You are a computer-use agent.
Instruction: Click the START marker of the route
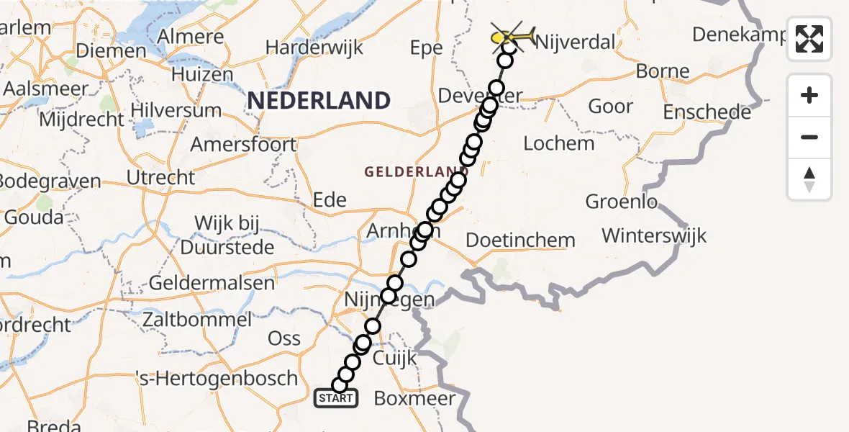(x=335, y=398)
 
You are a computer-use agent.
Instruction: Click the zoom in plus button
(x=809, y=95)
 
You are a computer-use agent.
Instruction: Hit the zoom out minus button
(x=809, y=137)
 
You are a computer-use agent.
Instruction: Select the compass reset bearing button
(x=809, y=179)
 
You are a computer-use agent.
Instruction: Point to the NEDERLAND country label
(x=319, y=100)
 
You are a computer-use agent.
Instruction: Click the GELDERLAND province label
(x=408, y=171)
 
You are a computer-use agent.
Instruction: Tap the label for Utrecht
(x=160, y=177)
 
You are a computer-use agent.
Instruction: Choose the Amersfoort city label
(x=243, y=145)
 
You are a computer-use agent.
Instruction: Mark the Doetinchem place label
(x=521, y=240)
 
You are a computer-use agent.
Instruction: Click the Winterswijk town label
(x=654, y=235)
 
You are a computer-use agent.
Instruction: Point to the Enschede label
(x=707, y=112)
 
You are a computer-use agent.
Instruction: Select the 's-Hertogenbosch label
(x=217, y=378)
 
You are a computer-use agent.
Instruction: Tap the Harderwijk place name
(x=314, y=48)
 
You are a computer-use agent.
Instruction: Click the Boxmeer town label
(x=415, y=398)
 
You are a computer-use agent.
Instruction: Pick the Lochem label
(x=559, y=143)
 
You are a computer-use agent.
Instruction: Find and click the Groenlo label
(x=622, y=202)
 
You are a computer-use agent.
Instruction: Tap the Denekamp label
(x=737, y=35)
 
